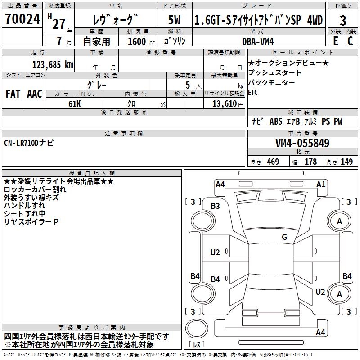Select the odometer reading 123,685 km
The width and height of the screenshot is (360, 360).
[53, 64]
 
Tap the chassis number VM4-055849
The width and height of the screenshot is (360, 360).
[302, 144]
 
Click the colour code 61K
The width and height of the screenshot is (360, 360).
[75, 103]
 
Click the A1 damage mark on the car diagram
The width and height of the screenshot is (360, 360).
[321, 184]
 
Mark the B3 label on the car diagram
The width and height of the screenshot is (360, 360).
[216, 206]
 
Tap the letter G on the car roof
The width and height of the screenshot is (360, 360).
[284, 237]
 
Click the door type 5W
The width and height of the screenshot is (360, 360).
[174, 20]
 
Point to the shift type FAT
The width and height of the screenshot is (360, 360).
[13, 94]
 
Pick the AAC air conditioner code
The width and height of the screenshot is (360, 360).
[35, 94]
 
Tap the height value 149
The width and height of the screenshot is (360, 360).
[346, 162]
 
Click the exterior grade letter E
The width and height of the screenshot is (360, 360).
[335, 40]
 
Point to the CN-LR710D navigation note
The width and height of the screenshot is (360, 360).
[28, 143]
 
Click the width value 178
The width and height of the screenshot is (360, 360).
[310, 162]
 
